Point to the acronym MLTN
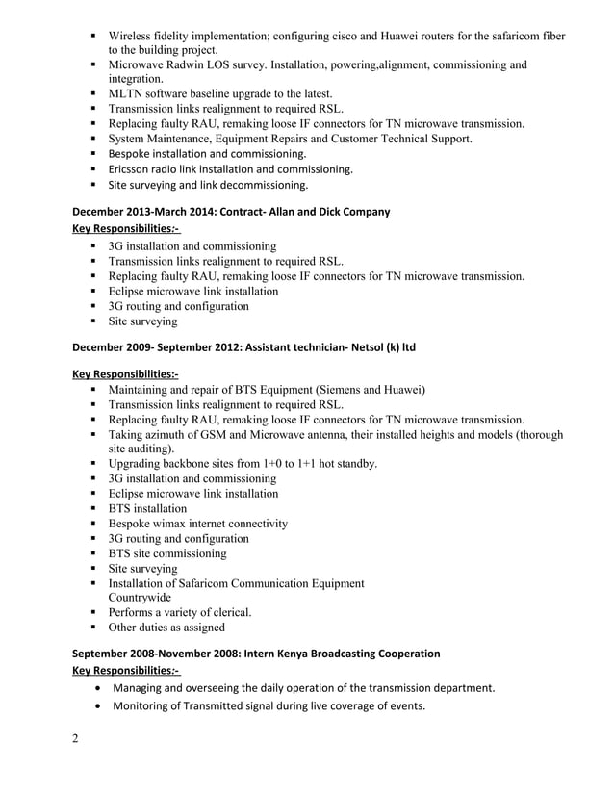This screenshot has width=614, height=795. pyautogui.click(x=128, y=94)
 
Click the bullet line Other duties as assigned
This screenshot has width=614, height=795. pyautogui.click(x=166, y=628)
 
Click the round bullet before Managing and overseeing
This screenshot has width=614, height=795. pyautogui.click(x=100, y=688)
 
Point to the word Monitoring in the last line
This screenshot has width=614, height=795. pyautogui.click(x=148, y=707)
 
